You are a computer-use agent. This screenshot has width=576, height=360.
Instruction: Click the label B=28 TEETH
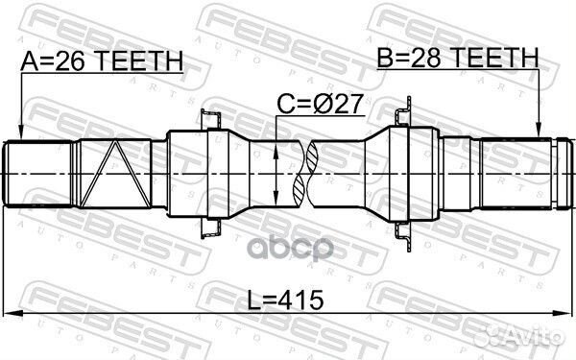tap(457, 60)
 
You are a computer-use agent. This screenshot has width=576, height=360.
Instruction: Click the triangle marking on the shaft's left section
tap(112, 173)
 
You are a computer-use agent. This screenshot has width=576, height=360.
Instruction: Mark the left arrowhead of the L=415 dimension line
tap(10, 313)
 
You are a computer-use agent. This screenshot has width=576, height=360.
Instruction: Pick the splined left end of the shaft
tap(38, 173)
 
